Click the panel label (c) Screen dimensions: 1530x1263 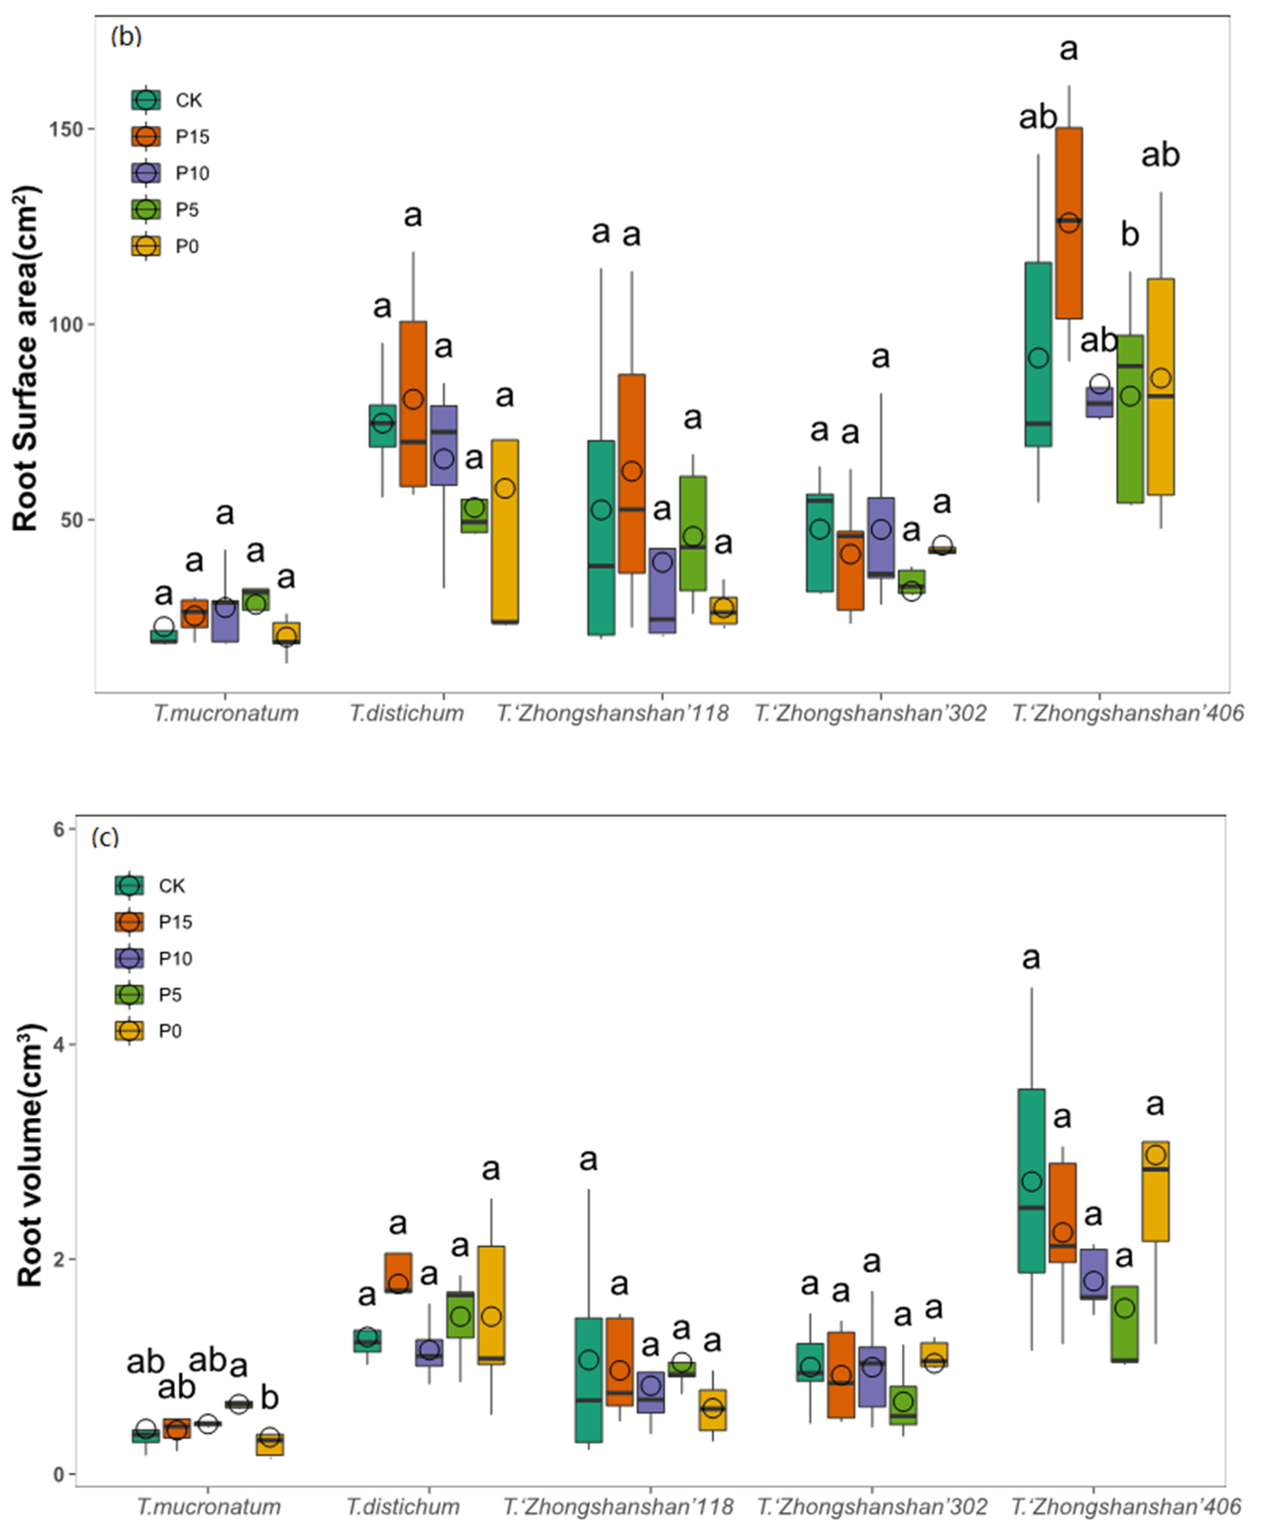105,838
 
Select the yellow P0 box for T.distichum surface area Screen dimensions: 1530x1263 505,531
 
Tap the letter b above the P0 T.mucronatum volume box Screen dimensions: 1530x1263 270,1398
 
